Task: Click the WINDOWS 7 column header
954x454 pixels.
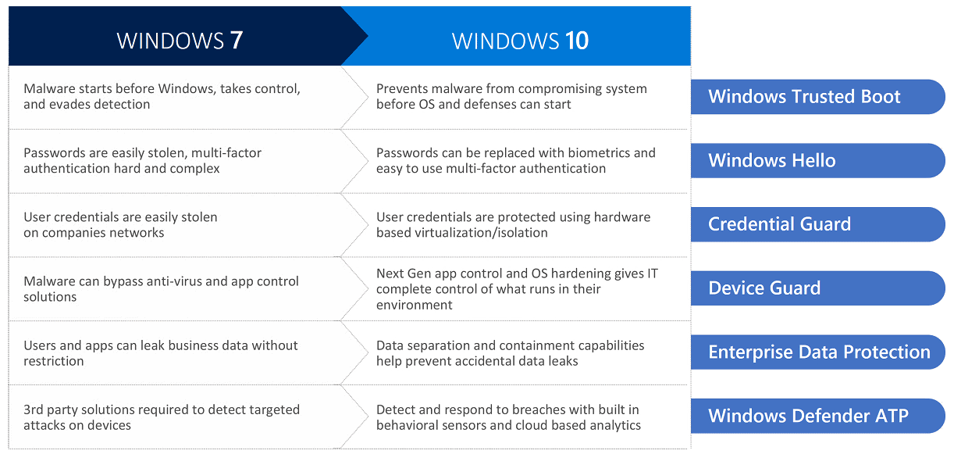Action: coord(180,41)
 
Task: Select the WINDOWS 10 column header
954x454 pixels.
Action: coord(520,41)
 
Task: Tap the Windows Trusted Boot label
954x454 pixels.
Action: coord(804,96)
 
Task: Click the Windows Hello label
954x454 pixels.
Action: coord(772,160)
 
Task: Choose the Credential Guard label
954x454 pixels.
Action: coord(779,224)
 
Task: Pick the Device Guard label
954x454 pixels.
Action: coord(764,288)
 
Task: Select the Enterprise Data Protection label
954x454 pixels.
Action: coord(819,352)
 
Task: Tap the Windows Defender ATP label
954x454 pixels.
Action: coord(808,416)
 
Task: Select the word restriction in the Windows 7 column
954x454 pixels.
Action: coord(54,361)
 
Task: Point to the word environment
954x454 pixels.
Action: coord(414,306)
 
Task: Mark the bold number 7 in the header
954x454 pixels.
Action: coord(237,41)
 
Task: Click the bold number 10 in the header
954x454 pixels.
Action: coord(577,41)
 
